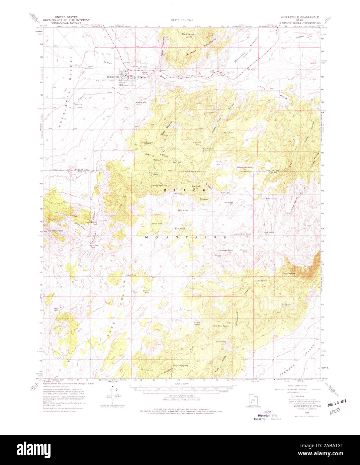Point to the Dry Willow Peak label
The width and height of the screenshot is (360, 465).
tap(56, 230)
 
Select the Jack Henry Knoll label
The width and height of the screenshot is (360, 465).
tap(242, 234)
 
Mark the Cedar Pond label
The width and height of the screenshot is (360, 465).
tap(157, 223)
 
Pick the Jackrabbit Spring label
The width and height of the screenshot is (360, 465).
tap(180, 366)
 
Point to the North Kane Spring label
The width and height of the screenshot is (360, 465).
tap(221, 325)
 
